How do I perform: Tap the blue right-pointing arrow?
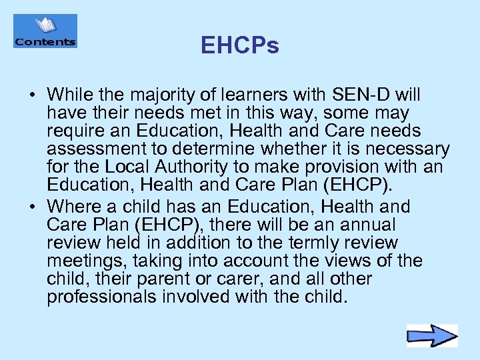click(432, 335)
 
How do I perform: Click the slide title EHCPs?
click(240, 46)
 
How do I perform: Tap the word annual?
click(365, 225)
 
